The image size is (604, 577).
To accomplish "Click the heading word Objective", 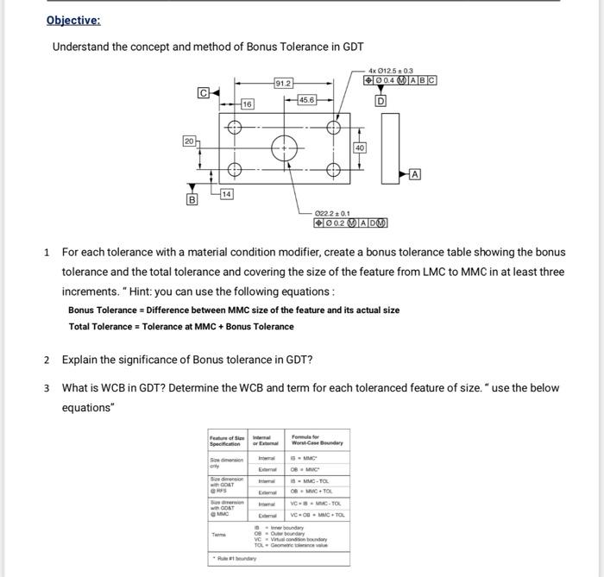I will [73, 20].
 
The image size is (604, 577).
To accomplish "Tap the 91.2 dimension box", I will [284, 84].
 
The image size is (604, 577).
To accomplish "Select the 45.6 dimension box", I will [306, 100].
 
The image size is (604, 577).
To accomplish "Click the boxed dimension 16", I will [246, 103].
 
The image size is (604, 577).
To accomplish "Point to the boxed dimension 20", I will [188, 140].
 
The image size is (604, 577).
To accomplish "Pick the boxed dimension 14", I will [227, 193].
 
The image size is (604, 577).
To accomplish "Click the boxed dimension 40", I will [360, 147].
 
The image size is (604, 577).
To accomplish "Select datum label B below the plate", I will [193, 200].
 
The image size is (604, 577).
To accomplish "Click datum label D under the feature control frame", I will [380, 100].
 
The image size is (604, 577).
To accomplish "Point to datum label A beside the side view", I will [415, 174].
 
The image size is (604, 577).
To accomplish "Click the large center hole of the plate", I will [284, 149].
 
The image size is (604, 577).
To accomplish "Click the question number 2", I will [47, 360].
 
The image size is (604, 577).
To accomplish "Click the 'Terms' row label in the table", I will [218, 536].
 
